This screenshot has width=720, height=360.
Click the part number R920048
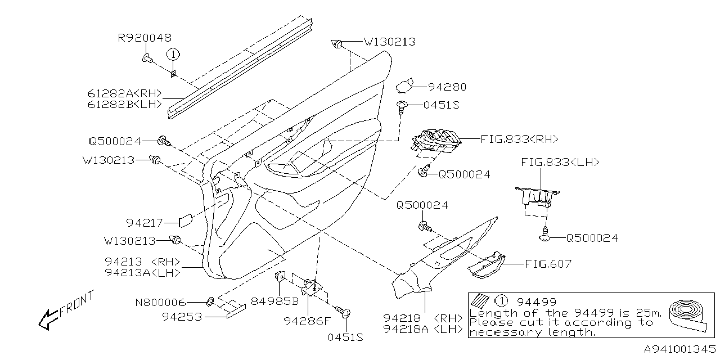point(145,38)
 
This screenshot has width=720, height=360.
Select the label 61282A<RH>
point(125,93)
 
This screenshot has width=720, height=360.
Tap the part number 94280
point(447,87)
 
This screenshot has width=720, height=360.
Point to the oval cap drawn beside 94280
point(403,86)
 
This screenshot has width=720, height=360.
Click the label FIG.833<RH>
point(519,138)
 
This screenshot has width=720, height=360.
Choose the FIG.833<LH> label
point(560,162)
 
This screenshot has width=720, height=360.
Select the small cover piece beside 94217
point(187,221)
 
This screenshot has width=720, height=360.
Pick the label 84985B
point(274,300)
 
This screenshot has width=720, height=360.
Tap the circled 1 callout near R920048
point(174,54)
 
